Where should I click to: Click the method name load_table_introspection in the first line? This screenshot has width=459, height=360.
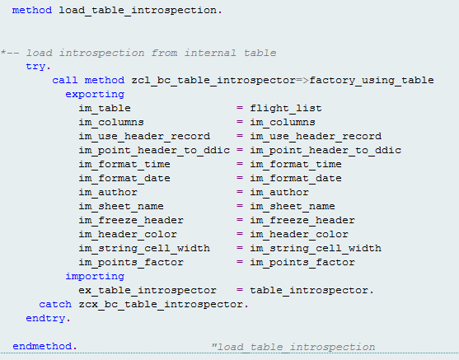pyautogui.click(x=138, y=11)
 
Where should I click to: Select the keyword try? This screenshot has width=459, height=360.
pyautogui.click(x=35, y=67)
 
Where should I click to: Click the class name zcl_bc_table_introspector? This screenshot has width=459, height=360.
pyautogui.click(x=213, y=81)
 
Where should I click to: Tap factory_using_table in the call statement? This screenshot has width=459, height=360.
pyautogui.click(x=372, y=81)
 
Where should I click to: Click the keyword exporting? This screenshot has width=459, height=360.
pyautogui.click(x=95, y=95)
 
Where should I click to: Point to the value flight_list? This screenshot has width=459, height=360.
pyautogui.click(x=286, y=108)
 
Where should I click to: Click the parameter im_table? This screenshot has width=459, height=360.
pyautogui.click(x=105, y=108)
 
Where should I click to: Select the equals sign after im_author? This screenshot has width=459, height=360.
pyautogui.click(x=240, y=192)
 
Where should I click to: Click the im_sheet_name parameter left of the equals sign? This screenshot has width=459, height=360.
pyautogui.click(x=121, y=206)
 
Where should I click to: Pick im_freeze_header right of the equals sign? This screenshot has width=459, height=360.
pyautogui.click(x=302, y=221)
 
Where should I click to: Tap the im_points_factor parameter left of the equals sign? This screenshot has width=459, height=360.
pyautogui.click(x=131, y=263)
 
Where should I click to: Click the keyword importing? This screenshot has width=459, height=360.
pyautogui.click(x=95, y=276)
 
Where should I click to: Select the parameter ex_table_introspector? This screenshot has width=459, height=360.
pyautogui.click(x=148, y=290)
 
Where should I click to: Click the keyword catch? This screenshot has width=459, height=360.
pyautogui.click(x=55, y=304)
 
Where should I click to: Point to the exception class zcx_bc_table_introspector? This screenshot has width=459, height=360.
pyautogui.click(x=161, y=304)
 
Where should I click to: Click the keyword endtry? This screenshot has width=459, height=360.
pyautogui.click(x=45, y=319)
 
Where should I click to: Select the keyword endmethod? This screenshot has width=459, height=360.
pyautogui.click(x=42, y=347)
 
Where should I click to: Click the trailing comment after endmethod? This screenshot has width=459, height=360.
pyautogui.click(x=293, y=347)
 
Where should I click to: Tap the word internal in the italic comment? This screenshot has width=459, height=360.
pyautogui.click(x=210, y=53)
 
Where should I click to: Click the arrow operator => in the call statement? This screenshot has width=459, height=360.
pyautogui.click(x=302, y=81)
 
